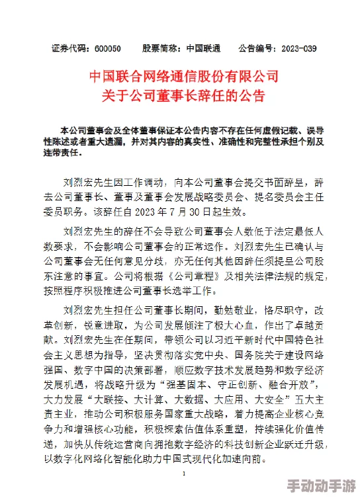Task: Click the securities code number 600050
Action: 107,48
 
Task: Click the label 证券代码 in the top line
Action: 69,48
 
